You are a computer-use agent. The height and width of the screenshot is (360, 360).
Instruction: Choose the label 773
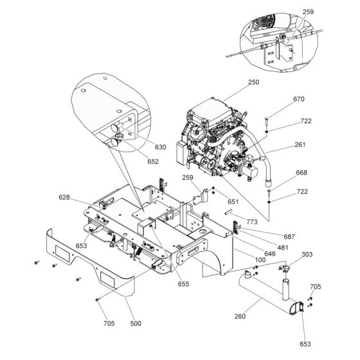[x=251, y=222]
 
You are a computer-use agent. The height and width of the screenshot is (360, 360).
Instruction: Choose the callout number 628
[x=64, y=197]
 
